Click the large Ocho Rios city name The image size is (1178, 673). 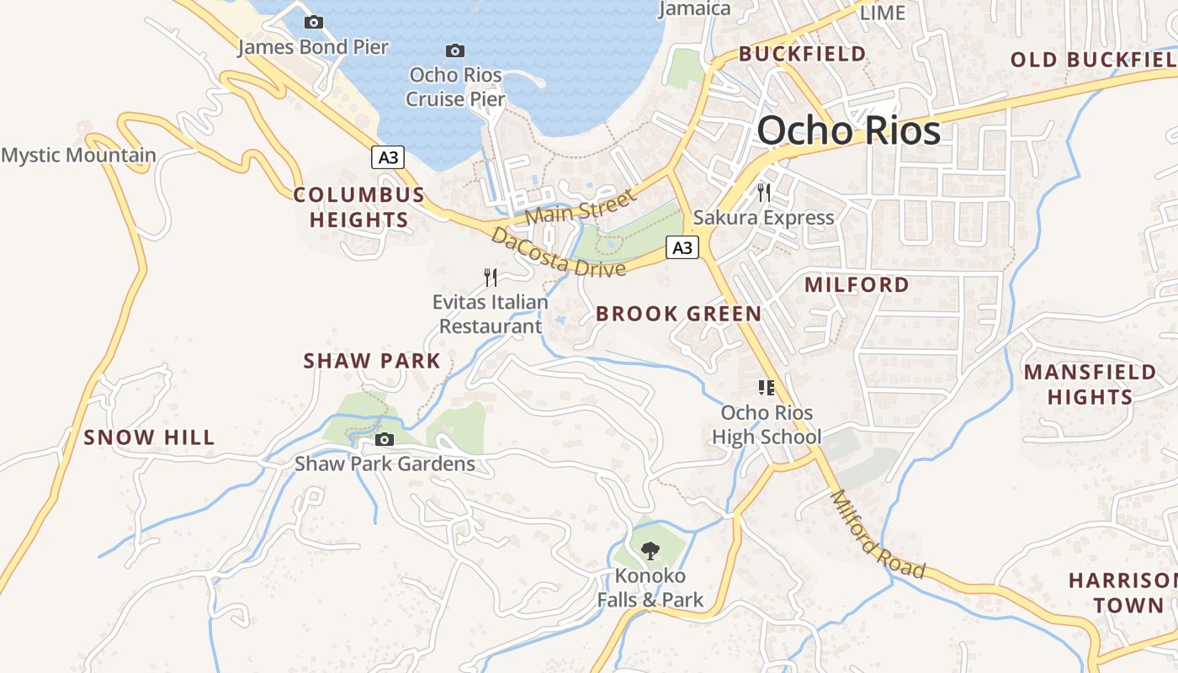coord(848,131)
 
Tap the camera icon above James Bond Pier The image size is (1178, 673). coord(314,23)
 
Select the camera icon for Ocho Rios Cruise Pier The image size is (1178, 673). coord(455,51)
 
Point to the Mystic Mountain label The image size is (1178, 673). coord(78,155)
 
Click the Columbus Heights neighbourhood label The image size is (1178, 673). coord(359,208)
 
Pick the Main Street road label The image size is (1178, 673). coord(581,207)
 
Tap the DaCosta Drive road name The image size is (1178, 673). coord(560,252)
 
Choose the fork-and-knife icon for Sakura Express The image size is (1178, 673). coord(764,193)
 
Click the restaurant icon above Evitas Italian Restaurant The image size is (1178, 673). coord(491,277)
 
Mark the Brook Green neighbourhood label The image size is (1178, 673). coord(678,314)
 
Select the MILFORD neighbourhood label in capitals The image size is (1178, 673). coord(857,284)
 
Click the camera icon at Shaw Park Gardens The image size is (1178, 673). coord(385,439)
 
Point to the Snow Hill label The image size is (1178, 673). coord(149,437)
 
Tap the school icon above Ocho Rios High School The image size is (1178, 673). coord(766,388)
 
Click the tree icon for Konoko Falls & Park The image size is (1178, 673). coord(650,551)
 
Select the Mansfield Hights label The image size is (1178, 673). coord(1090,384)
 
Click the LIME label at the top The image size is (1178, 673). coord(883,13)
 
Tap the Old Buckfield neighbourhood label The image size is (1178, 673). coord(1092,60)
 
